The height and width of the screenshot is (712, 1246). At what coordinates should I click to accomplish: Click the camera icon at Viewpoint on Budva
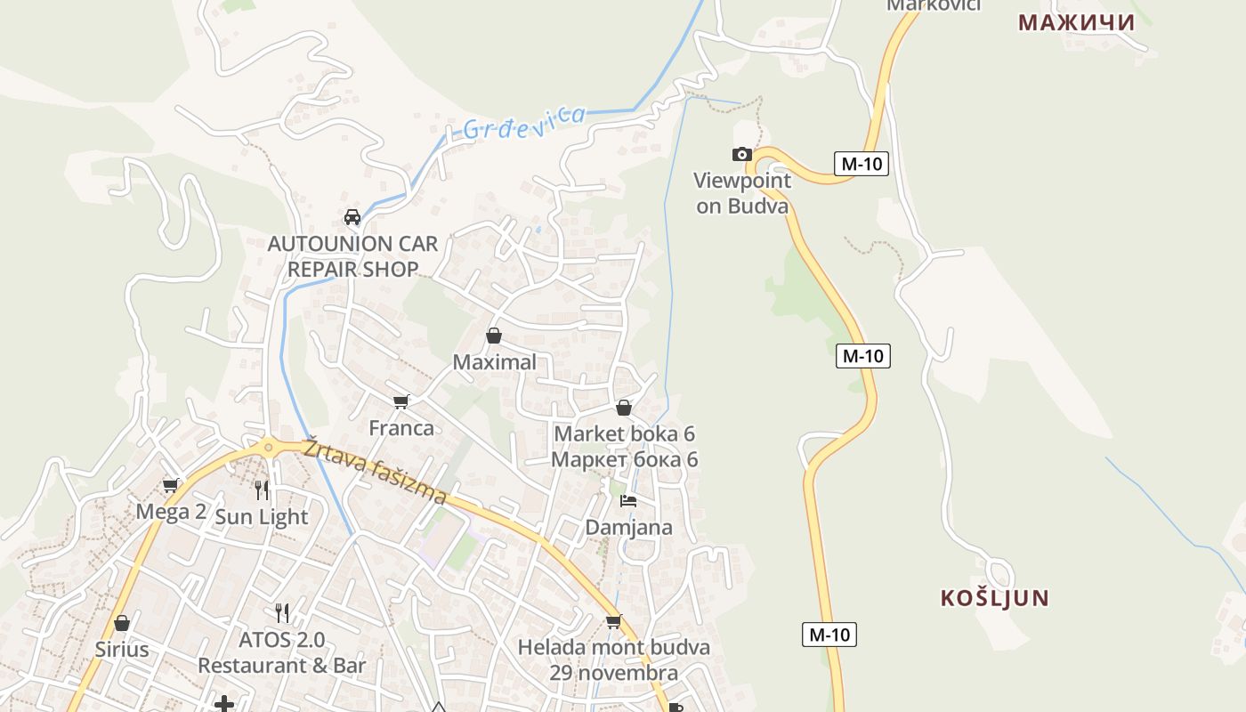741,155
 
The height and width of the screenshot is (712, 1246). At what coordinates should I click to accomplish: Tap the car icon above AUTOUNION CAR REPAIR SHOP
352,217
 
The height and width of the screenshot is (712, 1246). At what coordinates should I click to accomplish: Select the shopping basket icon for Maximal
494,336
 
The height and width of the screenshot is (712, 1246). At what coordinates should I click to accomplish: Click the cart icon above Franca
401,402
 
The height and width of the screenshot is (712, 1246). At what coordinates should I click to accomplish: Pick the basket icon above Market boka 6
624,408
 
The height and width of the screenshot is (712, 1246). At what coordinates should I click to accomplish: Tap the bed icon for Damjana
628,501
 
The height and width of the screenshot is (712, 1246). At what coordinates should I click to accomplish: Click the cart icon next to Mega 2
170,486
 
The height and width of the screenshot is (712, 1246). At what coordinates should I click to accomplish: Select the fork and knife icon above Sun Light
261,489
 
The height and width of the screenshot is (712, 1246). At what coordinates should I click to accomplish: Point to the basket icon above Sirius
122,623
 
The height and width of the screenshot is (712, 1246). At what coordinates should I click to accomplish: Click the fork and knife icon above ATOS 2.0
282,612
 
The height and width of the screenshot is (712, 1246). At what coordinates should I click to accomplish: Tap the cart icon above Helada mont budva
613,621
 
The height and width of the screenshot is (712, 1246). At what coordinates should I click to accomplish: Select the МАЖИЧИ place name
1076,22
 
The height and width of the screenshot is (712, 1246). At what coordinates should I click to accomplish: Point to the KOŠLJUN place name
995,598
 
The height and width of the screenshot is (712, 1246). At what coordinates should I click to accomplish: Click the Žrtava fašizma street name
375,472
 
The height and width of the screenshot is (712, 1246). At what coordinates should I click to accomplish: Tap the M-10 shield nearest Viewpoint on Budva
862,164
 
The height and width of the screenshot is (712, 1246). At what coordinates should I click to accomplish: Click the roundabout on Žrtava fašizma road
267,448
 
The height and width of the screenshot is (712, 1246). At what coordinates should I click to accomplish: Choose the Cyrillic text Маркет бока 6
625,460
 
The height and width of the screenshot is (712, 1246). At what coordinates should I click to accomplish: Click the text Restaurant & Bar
281,665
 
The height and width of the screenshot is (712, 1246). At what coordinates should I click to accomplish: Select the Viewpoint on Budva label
742,193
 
